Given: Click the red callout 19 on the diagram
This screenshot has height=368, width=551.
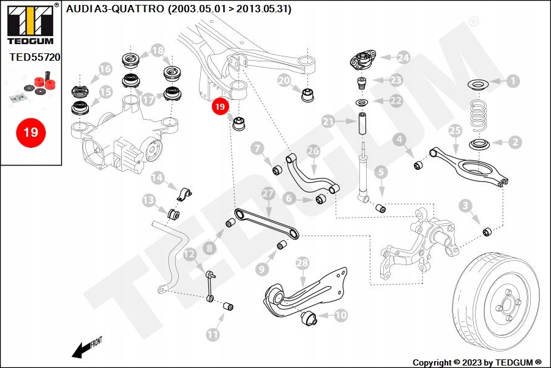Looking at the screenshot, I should click(220, 107).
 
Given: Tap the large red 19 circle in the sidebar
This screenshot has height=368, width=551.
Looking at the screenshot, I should click(31, 132).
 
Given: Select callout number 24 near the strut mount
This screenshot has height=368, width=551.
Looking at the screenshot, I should click(402, 58).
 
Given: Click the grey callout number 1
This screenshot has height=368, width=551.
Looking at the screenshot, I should click(512, 80).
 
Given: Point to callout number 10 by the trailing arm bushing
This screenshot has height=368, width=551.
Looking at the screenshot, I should click(340, 315).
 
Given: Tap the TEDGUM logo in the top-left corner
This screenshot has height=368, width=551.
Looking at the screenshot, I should click(29, 25).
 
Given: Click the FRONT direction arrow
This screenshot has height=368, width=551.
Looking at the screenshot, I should click(86, 348).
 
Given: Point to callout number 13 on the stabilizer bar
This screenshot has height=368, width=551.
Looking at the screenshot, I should click(148, 200).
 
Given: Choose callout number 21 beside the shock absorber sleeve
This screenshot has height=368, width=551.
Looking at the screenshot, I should click(329, 121).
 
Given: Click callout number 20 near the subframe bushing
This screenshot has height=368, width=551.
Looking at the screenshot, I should click(283, 80).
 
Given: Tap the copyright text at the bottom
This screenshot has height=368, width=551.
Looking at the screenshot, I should click(477, 362).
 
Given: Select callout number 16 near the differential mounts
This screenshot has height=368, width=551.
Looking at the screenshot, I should click(105, 69).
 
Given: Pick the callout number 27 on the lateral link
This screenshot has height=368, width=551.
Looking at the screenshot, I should click(267, 194).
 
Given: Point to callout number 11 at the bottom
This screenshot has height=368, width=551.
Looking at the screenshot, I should click(212, 334).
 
